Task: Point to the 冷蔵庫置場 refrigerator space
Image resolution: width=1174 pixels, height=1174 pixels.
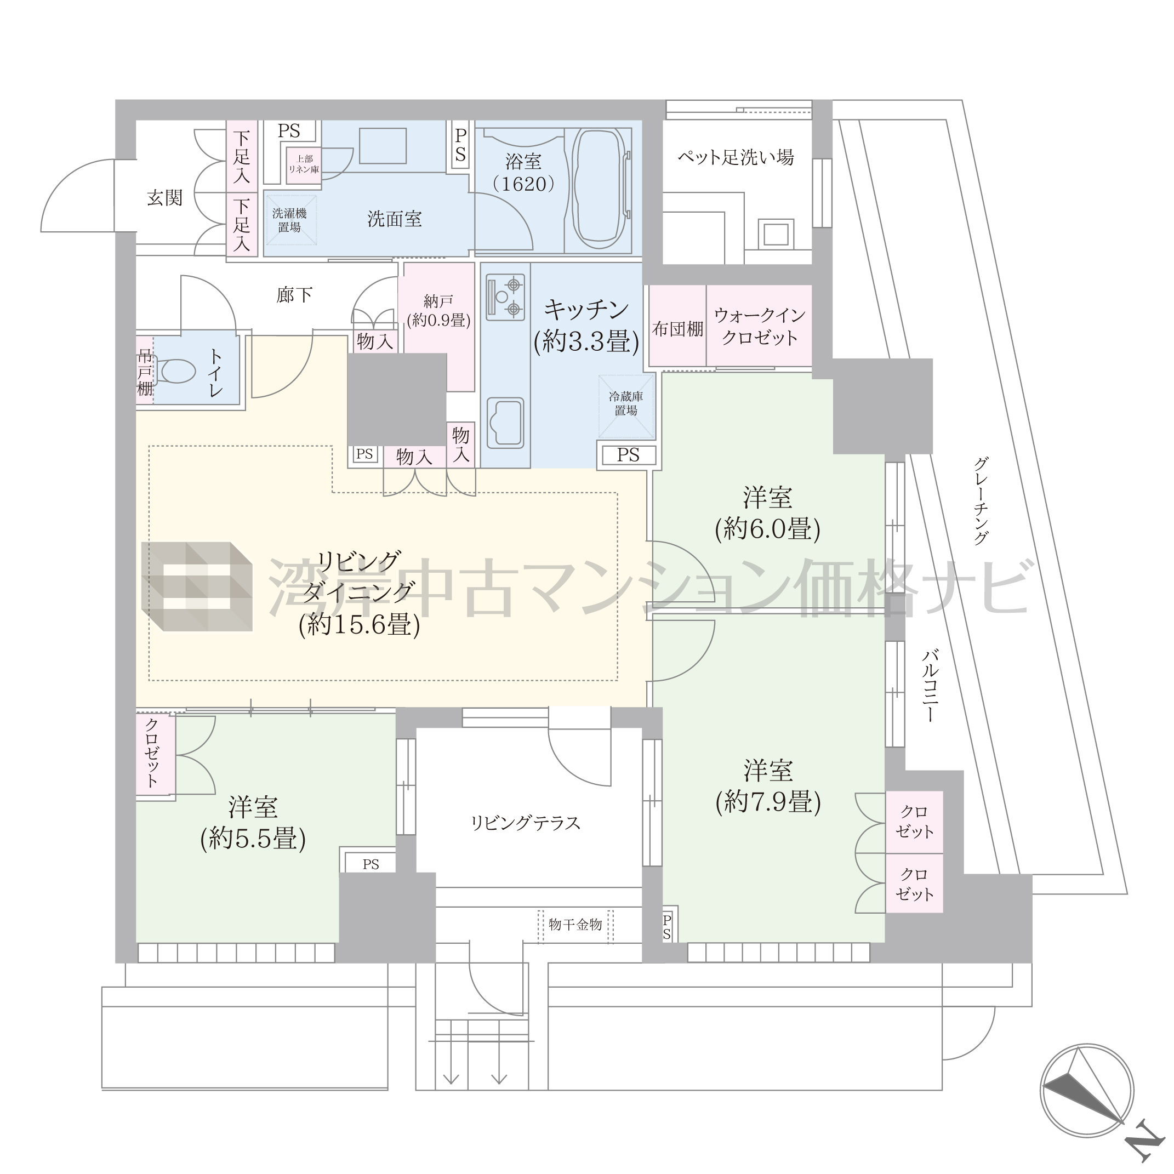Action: (x=626, y=406)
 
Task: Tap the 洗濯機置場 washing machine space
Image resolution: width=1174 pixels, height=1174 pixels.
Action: (x=290, y=219)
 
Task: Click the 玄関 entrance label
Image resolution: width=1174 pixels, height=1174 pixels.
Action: (x=164, y=198)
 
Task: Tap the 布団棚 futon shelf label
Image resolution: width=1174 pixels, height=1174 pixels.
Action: (x=677, y=329)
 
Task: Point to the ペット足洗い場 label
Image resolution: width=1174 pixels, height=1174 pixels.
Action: (x=736, y=157)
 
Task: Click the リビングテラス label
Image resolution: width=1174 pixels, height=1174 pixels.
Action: (x=526, y=823)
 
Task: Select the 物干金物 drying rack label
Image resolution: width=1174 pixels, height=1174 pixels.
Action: (x=575, y=924)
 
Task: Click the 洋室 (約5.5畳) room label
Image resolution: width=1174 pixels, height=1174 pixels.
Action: (x=253, y=822)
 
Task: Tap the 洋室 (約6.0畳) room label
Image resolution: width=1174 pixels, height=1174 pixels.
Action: (x=767, y=514)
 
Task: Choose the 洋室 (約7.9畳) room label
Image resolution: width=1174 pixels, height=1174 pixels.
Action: (x=768, y=787)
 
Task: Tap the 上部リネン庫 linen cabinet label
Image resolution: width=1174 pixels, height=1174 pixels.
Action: (x=304, y=164)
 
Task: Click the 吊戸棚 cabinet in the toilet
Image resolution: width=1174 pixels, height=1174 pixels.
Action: (x=145, y=371)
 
